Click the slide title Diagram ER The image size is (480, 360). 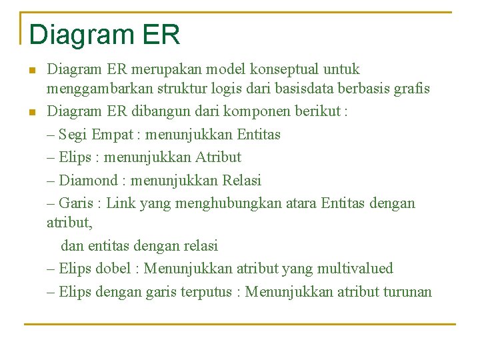pos(105,35)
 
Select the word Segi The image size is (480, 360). pos(73,134)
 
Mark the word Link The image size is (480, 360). pos(121,203)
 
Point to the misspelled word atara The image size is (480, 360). pos(299,203)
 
